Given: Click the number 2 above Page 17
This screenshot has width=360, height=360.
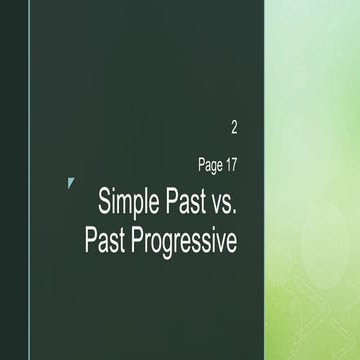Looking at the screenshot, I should point(234,127).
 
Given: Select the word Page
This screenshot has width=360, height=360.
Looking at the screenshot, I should point(211,164).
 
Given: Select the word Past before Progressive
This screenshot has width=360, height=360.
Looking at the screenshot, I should point(107,240).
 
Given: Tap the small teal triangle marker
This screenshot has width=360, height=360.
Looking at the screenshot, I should point(70,182).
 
